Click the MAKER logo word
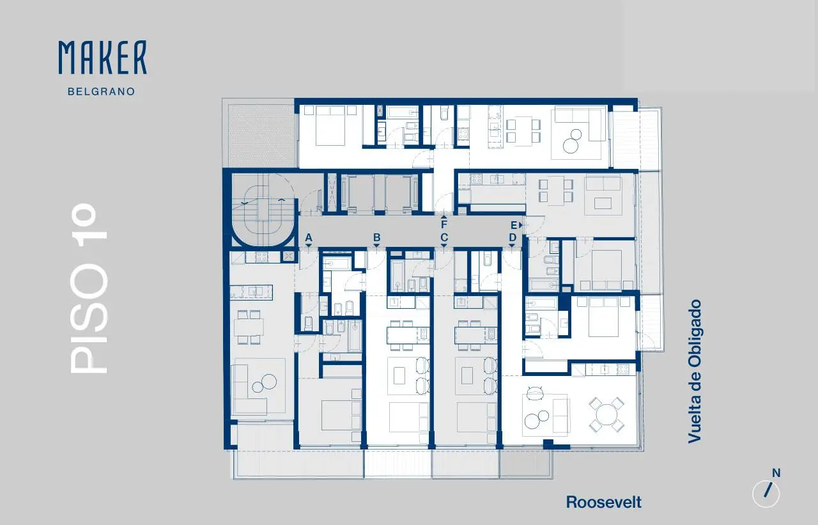coord(103,58)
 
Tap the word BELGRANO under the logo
coord(102,91)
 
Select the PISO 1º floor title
coord(89,288)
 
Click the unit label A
coord(309,238)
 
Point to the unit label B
coord(377,238)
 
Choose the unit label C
coord(444,238)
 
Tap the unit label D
coord(513,238)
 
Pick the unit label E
coord(514,226)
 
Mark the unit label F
coord(444,224)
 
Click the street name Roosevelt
coord(604,503)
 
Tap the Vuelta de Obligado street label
coord(694,372)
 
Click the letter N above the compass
coord(776,473)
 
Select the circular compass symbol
coord(766,494)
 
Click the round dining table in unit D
coord(606,414)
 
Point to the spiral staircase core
coord(263,210)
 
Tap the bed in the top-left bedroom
coord(330,126)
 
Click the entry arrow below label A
coord(309,246)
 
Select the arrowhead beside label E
coord(521,226)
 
